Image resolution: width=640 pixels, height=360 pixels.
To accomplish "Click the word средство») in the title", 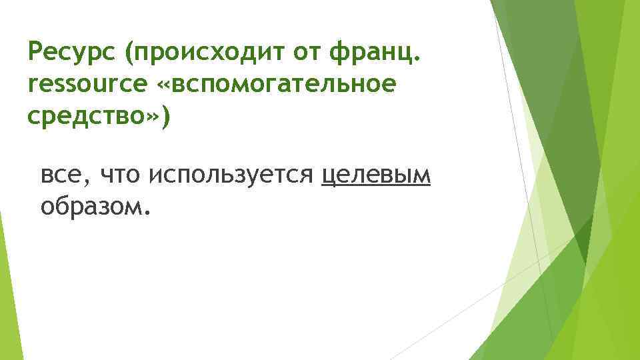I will pos(99,116).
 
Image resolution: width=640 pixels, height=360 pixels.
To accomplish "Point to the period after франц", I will pos(418,59).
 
